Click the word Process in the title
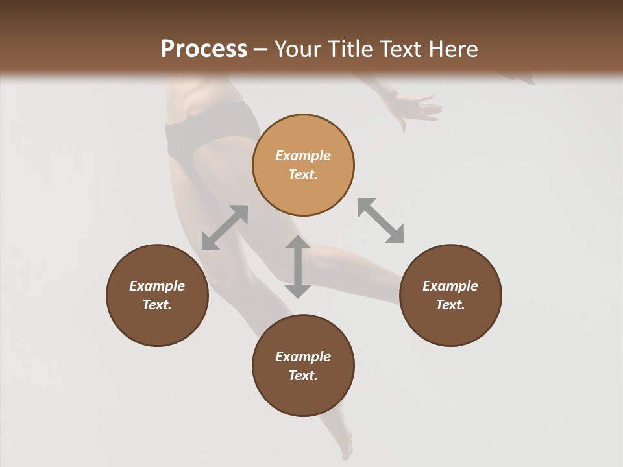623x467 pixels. click(x=204, y=49)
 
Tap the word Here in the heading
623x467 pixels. click(x=452, y=49)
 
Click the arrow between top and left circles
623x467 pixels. click(x=225, y=228)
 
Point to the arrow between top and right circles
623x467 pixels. click(x=380, y=221)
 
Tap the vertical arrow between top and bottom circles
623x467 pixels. click(x=298, y=267)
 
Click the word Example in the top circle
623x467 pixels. click(x=303, y=156)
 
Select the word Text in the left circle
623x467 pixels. click(x=157, y=305)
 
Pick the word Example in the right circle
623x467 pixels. click(x=450, y=286)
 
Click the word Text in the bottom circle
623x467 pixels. click(x=303, y=376)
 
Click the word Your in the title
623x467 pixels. click(x=297, y=49)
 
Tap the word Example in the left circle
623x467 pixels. click(x=157, y=286)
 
